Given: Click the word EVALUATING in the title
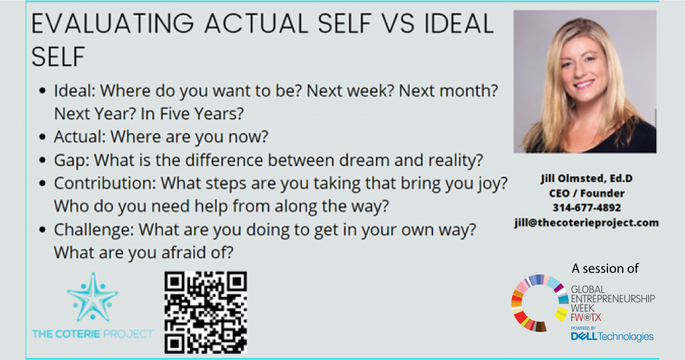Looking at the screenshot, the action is [112, 23].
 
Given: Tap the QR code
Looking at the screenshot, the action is [205, 312].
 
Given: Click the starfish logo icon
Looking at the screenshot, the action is [92, 298].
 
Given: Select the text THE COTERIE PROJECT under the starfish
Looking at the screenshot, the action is [92, 334].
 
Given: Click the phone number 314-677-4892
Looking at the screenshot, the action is [587, 207].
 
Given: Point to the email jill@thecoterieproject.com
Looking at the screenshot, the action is [587, 222].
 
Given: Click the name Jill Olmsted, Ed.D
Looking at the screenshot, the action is [587, 178].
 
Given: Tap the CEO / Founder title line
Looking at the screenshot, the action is [587, 193].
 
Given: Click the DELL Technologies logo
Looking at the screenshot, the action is [612, 337].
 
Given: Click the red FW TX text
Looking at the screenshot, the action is [586, 318].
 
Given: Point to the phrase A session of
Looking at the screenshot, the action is [605, 268].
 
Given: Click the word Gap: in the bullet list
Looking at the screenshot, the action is [72, 161].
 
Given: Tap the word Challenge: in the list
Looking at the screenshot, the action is [94, 230].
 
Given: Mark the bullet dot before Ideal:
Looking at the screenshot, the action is [42, 91].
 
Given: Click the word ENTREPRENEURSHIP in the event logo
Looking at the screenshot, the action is [613, 299].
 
